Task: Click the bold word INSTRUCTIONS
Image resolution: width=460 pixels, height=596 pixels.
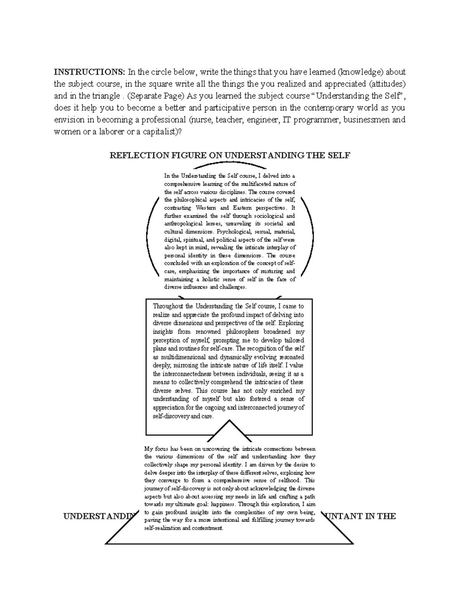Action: click(89, 72)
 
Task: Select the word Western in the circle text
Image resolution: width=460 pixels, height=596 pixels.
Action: click(205, 208)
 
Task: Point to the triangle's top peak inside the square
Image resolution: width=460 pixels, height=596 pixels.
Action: click(229, 421)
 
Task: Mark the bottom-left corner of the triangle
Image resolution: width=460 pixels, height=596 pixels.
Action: click(106, 543)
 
